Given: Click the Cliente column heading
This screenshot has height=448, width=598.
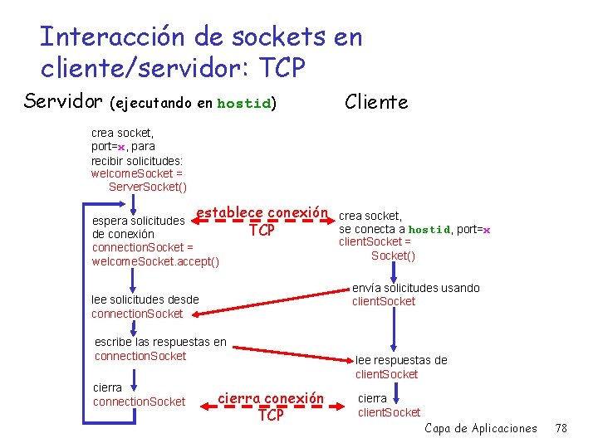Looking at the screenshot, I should click(x=376, y=102).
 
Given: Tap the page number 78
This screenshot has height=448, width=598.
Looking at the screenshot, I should click(x=561, y=428).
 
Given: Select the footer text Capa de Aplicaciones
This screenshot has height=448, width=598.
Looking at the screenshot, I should click(x=481, y=428).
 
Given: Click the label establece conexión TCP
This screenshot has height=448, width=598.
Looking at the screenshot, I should click(x=262, y=221).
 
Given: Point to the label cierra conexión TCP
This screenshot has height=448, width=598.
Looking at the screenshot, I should click(x=270, y=406).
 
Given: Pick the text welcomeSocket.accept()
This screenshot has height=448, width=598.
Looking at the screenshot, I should click(x=155, y=261).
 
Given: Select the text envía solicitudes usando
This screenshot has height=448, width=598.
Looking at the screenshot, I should click(x=415, y=288).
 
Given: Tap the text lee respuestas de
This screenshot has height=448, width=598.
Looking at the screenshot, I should click(x=401, y=360).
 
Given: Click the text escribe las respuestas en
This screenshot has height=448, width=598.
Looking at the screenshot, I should click(x=160, y=342).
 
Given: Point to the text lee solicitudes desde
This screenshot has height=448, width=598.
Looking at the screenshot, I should click(x=145, y=299).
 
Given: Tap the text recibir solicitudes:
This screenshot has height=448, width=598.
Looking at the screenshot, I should click(x=137, y=159).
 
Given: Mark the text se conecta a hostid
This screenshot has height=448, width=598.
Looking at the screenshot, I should click(x=394, y=229).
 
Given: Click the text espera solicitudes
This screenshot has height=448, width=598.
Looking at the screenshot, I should click(x=138, y=221).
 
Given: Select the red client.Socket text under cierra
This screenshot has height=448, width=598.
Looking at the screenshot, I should click(x=389, y=412).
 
